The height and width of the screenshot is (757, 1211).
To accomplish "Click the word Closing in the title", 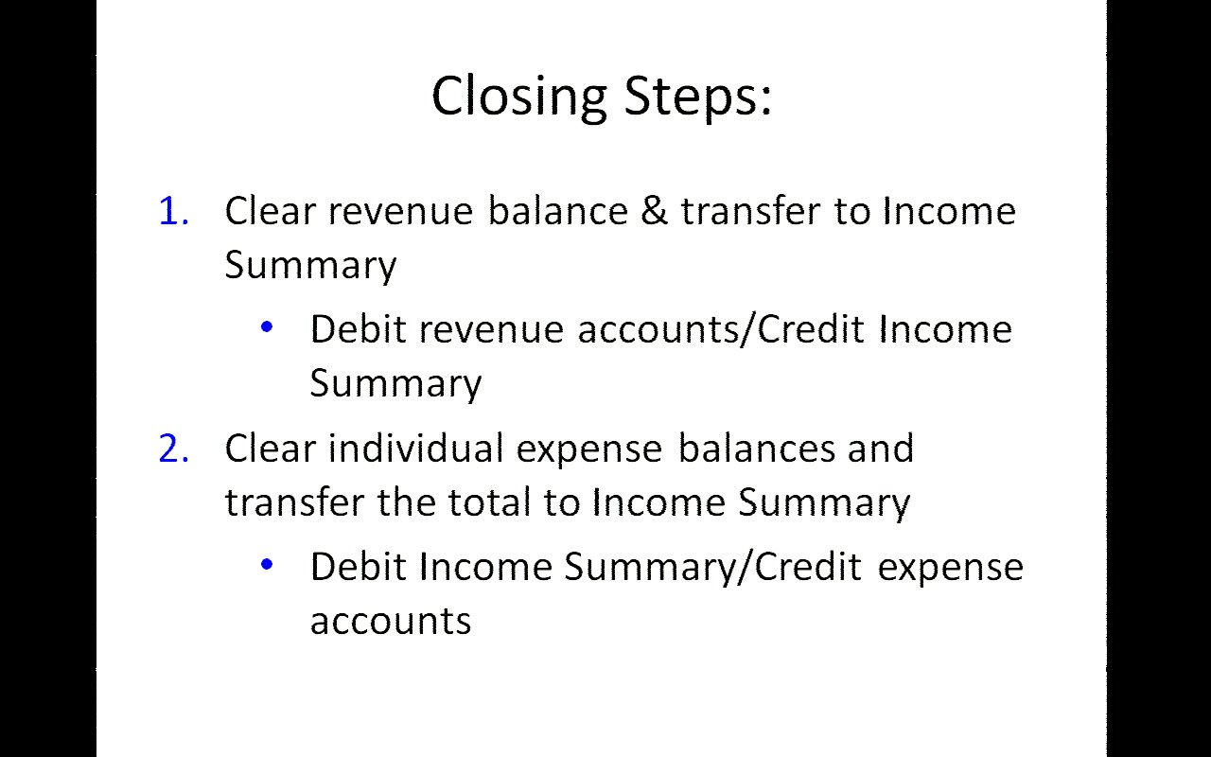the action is [x=519, y=97].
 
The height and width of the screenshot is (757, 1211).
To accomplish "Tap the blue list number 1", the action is [x=173, y=211].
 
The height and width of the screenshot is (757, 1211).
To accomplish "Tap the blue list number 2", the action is [x=173, y=449].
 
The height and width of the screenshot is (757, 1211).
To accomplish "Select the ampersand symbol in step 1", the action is [x=655, y=210].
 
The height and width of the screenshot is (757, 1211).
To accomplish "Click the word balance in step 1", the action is [x=558, y=210].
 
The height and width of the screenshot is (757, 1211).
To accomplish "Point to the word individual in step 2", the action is [x=415, y=448].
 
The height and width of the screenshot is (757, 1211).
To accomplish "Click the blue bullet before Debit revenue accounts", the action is [x=267, y=326].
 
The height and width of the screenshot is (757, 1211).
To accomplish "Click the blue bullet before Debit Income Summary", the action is [x=267, y=565].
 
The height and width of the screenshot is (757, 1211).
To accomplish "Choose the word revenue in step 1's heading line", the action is [x=400, y=211].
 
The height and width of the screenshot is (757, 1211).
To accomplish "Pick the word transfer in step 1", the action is [x=750, y=210].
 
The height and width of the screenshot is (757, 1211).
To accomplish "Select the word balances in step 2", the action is [x=756, y=448].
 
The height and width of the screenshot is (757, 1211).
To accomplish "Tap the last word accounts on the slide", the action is [x=391, y=622].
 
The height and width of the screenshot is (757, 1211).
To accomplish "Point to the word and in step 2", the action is [x=881, y=448].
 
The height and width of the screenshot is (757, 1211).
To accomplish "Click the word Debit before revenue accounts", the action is [x=358, y=328].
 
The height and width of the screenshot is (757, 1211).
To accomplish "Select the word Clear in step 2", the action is [x=271, y=448].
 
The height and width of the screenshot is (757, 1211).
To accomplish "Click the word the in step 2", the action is [x=407, y=502].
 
